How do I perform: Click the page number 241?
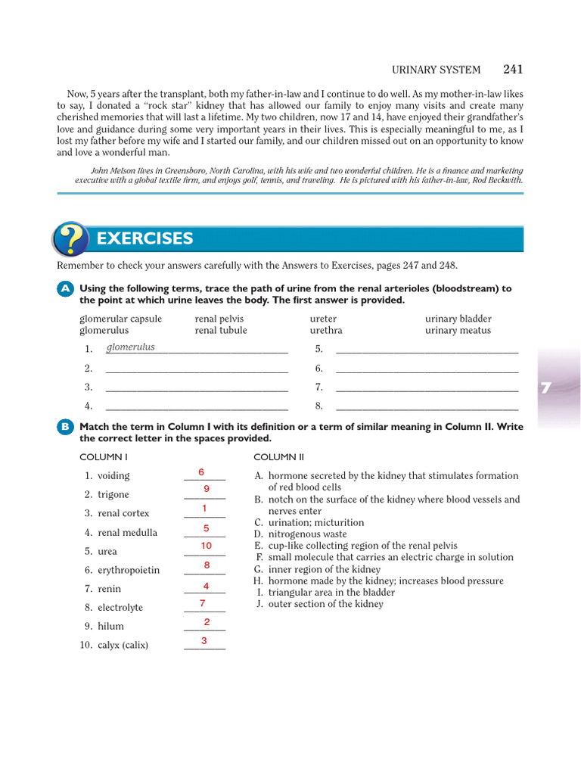click(512, 70)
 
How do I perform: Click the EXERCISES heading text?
click(144, 239)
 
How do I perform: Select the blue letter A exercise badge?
click(65, 289)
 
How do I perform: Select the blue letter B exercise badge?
click(65, 428)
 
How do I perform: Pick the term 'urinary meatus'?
click(458, 331)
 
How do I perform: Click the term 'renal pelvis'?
click(219, 319)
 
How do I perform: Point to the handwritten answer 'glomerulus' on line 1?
click(131, 347)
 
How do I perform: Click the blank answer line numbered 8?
click(427, 406)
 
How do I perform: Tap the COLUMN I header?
click(104, 457)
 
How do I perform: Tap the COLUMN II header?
click(278, 457)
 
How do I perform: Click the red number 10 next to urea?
click(207, 546)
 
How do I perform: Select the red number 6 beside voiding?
click(201, 472)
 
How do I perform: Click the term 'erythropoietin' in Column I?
click(129, 570)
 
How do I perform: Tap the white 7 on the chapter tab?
click(546, 387)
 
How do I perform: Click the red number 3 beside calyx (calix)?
click(204, 641)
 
